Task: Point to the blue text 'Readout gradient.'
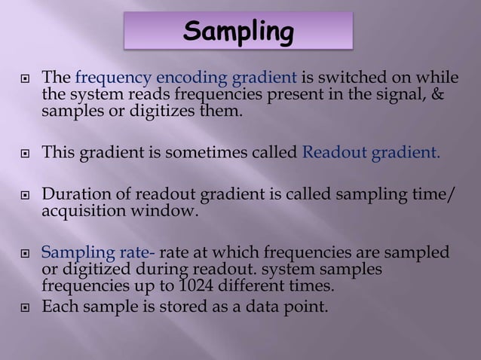pos(370,154)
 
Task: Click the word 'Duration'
pos(72,197)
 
